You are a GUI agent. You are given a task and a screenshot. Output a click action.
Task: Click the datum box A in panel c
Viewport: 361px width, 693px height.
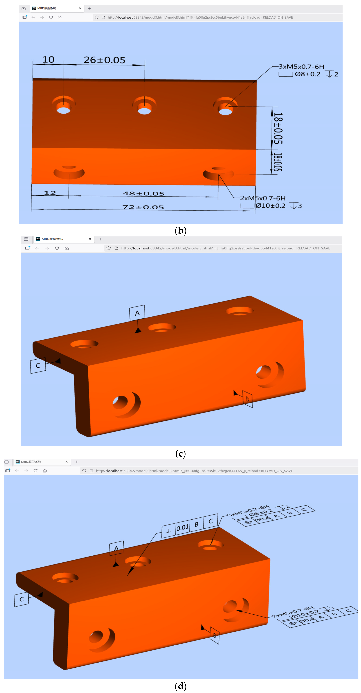pyautogui.click(x=137, y=313)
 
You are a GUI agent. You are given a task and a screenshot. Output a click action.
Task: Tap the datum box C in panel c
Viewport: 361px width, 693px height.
pyautogui.click(x=38, y=365)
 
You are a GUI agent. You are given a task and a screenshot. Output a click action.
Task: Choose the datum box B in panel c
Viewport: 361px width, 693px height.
pyautogui.click(x=247, y=399)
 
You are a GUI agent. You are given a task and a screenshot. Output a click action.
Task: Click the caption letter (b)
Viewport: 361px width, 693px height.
pyautogui.click(x=180, y=231)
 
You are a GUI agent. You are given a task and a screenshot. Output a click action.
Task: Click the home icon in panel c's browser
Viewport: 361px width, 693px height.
pyautogui.click(x=67, y=248)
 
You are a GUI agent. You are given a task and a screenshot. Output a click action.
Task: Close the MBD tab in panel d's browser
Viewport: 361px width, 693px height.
pyautogui.click(x=67, y=462)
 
